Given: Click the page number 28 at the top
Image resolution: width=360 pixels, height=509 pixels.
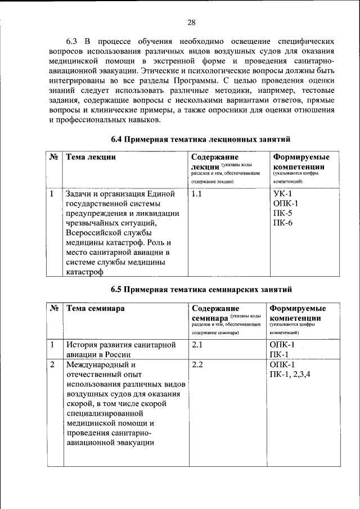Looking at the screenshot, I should pyautogui.click(x=191, y=22).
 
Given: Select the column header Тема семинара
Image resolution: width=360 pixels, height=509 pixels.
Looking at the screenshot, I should pyautogui.click(x=96, y=309).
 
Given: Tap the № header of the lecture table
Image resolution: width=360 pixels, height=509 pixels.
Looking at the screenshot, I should pyautogui.click(x=54, y=157).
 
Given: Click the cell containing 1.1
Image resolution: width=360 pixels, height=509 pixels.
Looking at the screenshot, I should pyautogui.click(x=196, y=194).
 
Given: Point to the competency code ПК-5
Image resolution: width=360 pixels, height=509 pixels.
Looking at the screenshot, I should pyautogui.click(x=282, y=214).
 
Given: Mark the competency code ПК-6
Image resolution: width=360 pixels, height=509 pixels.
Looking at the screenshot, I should pyautogui.click(x=282, y=224).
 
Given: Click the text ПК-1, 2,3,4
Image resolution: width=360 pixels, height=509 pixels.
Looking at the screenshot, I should pyautogui.click(x=293, y=375).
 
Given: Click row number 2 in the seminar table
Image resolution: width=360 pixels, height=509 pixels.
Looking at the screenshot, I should pyautogui.click(x=52, y=364).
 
